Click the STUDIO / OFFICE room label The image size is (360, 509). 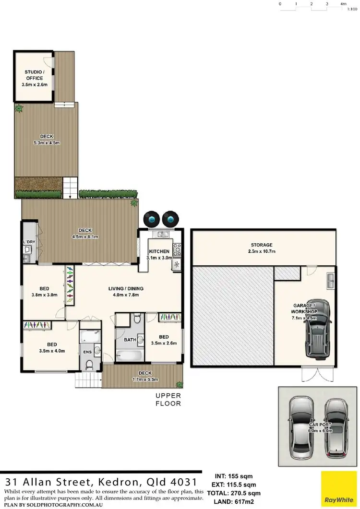[x=34, y=75]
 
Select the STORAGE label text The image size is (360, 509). [x=261, y=245]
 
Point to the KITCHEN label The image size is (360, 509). [x=158, y=251]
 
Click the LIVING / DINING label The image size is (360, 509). [x=122, y=288]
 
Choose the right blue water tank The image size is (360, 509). [x=170, y=219]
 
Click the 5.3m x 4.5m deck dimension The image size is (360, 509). [x=47, y=143]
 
